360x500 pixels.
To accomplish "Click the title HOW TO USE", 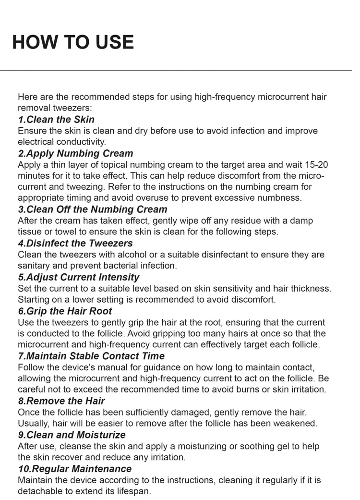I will (x=73, y=42).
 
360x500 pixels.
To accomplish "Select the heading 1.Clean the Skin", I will (x=56, y=120).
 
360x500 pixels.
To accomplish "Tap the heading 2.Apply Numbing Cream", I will (x=75, y=154).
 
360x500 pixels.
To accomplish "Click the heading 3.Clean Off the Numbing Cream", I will (x=93, y=209).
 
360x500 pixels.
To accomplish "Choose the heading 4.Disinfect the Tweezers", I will (x=75, y=243).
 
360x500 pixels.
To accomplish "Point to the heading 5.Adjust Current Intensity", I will (x=79, y=277).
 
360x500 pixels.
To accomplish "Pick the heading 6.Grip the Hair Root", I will (x=65, y=311).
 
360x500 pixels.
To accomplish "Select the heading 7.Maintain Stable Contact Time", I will (x=91, y=356).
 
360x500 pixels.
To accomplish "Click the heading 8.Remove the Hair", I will (x=61, y=401).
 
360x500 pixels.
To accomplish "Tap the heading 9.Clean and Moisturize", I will (x=72, y=435).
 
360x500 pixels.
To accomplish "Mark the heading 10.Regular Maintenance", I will (x=74, y=469).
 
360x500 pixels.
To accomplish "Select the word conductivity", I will (x=81, y=142).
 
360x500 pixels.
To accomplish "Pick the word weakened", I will (x=297, y=424).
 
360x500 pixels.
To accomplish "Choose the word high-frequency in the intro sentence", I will (x=225, y=97).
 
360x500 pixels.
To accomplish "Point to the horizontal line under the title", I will (x=180, y=71).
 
